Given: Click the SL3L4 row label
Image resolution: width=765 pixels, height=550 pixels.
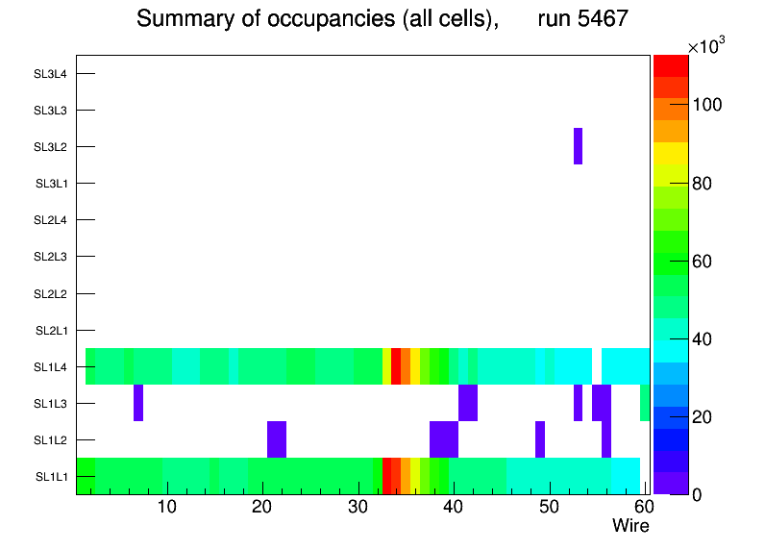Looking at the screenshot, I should [x=50, y=73].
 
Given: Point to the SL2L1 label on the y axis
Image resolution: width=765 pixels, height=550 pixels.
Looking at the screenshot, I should [x=50, y=330].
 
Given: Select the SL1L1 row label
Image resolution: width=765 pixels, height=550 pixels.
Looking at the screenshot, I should [x=50, y=476].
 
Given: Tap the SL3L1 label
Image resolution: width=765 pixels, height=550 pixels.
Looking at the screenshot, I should [x=50, y=183].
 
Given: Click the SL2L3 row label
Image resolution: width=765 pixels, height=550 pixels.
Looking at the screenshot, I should [x=50, y=257].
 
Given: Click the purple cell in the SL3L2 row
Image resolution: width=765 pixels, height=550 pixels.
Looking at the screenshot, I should [x=578, y=146].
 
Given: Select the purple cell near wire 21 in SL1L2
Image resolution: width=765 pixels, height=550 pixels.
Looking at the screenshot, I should [x=277, y=439].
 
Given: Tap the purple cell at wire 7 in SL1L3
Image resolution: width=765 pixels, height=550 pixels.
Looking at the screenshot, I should [x=138, y=403].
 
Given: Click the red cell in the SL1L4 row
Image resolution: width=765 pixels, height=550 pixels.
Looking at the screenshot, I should [x=396, y=366].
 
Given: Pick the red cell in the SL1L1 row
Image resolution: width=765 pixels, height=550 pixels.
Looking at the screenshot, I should [x=386, y=476].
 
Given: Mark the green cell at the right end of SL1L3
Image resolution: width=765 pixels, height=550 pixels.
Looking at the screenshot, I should [x=645, y=403].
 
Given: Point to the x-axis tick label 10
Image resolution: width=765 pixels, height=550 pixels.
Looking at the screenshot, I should [x=167, y=508].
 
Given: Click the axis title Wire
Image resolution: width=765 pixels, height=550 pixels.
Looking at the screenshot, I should [x=630, y=526].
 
